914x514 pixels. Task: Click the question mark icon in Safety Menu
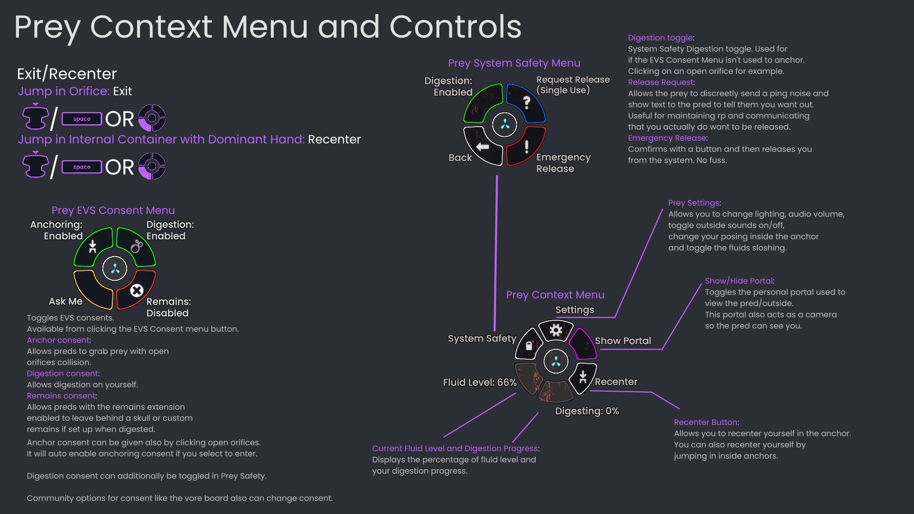(x=527, y=102)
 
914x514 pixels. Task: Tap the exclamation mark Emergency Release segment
(x=527, y=147)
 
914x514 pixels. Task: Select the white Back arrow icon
(x=483, y=147)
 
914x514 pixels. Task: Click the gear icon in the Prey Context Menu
(x=556, y=330)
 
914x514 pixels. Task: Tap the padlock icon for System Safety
(x=529, y=346)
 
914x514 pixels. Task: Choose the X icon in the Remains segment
(x=137, y=290)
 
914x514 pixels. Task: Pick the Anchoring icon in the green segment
(x=93, y=246)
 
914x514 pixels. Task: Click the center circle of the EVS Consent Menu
(x=115, y=269)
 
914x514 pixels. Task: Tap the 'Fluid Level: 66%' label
(x=479, y=382)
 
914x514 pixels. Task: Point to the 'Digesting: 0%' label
(x=586, y=411)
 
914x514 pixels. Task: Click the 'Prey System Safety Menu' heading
(x=514, y=63)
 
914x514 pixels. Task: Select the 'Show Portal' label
(x=622, y=341)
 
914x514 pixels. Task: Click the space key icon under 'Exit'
(x=82, y=119)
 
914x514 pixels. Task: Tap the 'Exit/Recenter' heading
(x=67, y=74)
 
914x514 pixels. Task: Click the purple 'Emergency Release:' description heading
(x=667, y=138)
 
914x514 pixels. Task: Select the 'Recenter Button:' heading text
(x=706, y=422)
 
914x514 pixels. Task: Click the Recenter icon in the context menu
(x=583, y=377)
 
